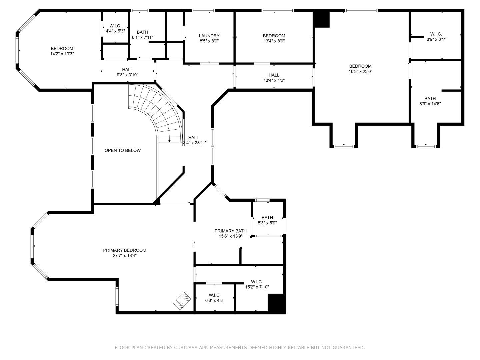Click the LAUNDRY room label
tap(209, 36)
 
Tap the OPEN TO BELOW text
tap(123, 150)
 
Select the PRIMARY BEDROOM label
tap(124, 250)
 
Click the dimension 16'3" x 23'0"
tap(360, 71)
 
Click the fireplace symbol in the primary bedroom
tap(182, 301)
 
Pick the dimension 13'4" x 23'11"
tap(194, 143)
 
